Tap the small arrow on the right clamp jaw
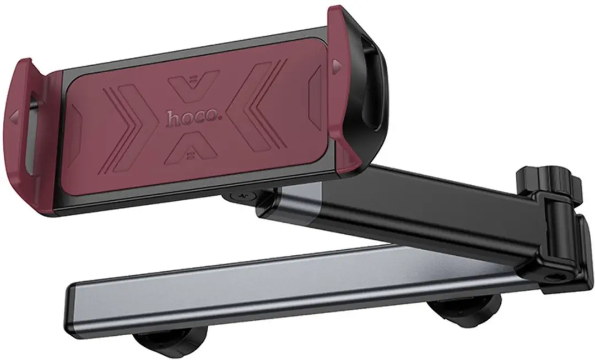(x=336, y=65)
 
